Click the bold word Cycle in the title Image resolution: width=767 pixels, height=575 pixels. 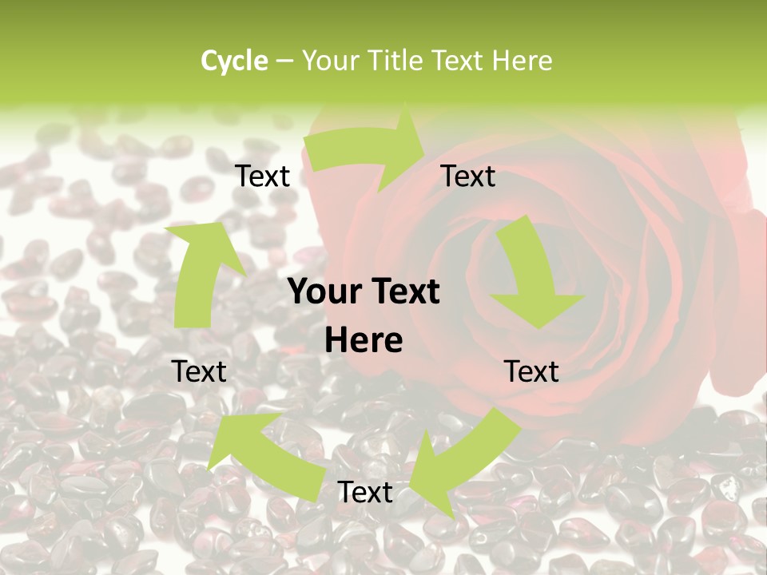tap(234, 61)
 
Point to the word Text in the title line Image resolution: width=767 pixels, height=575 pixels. tap(460, 61)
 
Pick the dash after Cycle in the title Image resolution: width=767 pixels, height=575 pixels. tap(284, 61)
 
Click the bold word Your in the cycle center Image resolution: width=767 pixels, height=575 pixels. tap(324, 292)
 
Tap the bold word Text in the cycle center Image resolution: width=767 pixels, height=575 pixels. tap(404, 292)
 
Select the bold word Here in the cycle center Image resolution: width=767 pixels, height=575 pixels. tap(364, 341)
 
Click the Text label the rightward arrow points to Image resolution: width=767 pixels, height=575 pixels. tap(468, 176)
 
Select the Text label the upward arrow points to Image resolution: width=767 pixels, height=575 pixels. tap(262, 176)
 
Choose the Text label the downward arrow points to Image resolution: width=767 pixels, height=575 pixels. tap(531, 371)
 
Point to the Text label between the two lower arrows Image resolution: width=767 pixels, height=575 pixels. tap(365, 492)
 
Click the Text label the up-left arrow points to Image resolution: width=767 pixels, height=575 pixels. tap(199, 371)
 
